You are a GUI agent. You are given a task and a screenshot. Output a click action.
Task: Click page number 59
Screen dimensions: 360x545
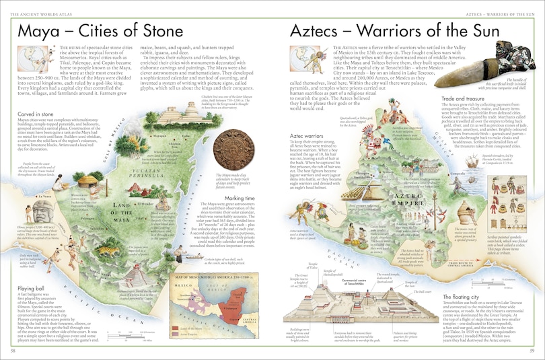(532, 351)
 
